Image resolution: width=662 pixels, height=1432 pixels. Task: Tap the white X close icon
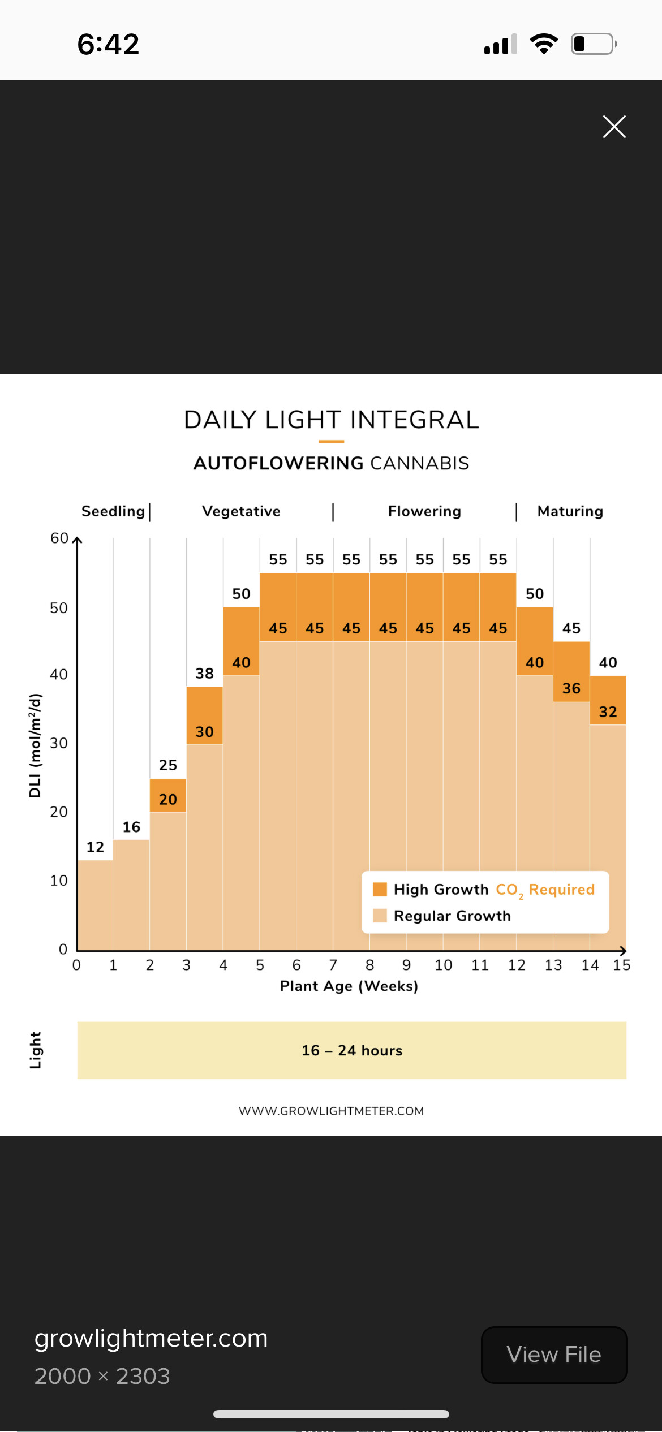pos(614,127)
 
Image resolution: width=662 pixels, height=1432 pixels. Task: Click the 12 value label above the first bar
pos(95,847)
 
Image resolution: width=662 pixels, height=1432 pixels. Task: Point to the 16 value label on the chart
pos(131,827)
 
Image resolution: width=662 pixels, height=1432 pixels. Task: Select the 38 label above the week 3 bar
pos(204,673)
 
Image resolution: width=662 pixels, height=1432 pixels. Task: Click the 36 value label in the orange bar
pos(571,688)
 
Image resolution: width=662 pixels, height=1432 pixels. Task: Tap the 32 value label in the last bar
pos(608,711)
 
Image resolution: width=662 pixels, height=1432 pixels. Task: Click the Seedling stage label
pos(113,511)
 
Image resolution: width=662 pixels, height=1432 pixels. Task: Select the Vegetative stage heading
pos(241,511)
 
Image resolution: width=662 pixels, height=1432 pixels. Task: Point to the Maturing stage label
pos(570,511)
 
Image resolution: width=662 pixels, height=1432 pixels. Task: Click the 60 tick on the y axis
pos(59,538)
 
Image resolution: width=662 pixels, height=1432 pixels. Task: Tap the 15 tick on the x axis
pos(621,965)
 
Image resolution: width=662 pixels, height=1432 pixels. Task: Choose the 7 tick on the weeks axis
pos(333,965)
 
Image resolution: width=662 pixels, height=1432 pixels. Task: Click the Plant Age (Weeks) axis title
pos(349,986)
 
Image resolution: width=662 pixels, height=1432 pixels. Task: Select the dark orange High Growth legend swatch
pos(380,889)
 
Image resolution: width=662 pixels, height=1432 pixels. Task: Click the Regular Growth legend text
pos(452,916)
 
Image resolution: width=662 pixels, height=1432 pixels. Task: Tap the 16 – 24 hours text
pos(352,1050)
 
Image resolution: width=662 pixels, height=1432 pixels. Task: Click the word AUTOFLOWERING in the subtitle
pos(278,463)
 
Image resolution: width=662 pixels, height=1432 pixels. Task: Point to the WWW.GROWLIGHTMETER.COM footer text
pos(331,1111)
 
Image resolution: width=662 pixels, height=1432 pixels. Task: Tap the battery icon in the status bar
pos(594,44)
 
